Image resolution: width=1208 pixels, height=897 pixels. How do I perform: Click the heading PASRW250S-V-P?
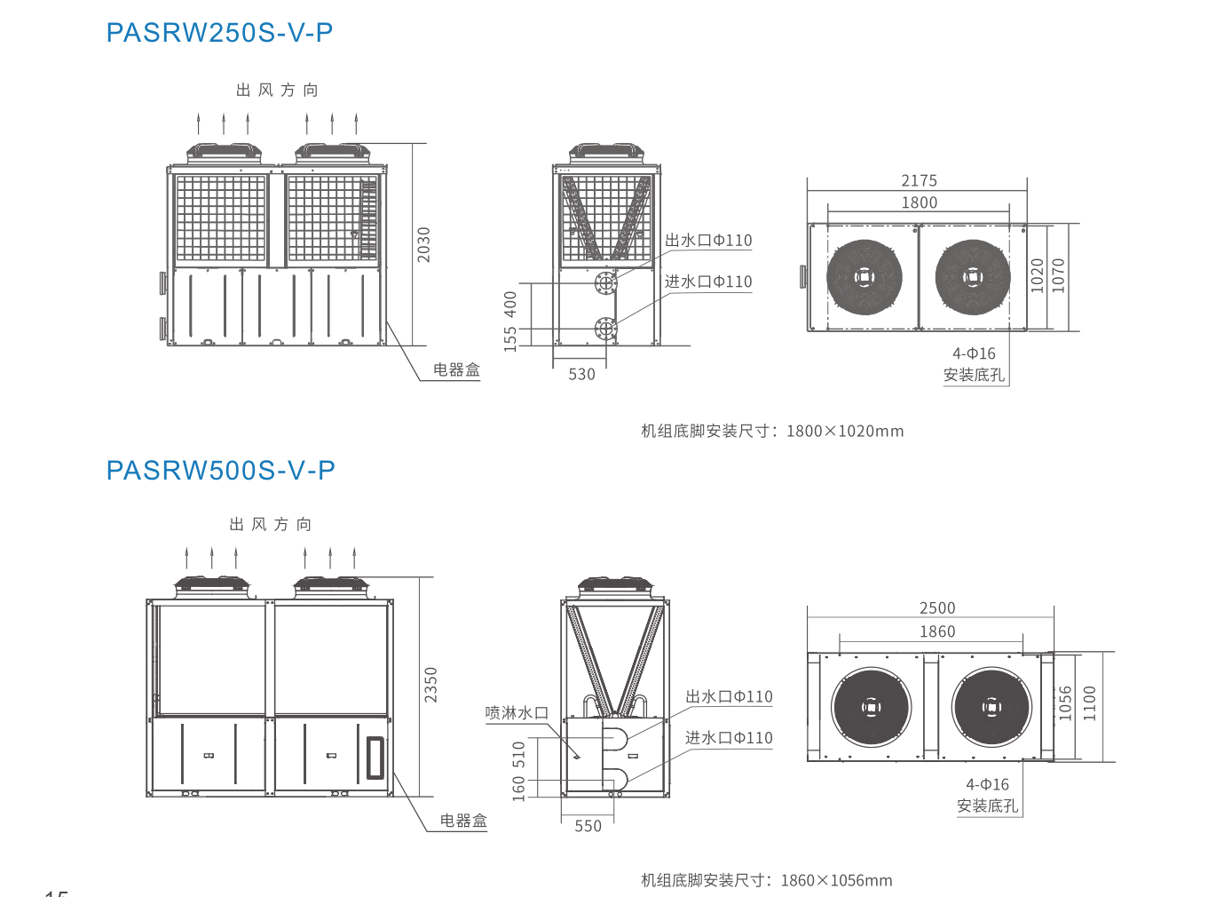point(219,33)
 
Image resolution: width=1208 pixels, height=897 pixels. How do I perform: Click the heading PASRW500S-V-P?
point(220,470)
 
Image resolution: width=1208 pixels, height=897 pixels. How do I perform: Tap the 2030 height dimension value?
point(424,244)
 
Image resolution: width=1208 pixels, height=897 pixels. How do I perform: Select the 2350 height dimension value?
point(430,685)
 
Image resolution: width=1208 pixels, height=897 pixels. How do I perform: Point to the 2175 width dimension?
point(919,180)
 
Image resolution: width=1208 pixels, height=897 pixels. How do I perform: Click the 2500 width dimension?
point(937,607)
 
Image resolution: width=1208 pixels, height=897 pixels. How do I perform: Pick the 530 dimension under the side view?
point(581,374)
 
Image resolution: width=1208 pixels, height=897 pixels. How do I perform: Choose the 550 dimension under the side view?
point(588,826)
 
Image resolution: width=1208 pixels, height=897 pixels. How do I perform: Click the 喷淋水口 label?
point(517,712)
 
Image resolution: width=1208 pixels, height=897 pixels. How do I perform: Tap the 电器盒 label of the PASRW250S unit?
point(456,369)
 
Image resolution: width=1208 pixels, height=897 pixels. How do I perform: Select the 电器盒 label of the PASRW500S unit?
point(463,821)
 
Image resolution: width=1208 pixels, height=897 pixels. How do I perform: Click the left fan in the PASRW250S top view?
point(864,277)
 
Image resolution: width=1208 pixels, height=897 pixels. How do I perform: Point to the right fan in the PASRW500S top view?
point(991,707)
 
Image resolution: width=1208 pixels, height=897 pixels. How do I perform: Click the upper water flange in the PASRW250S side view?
point(605,283)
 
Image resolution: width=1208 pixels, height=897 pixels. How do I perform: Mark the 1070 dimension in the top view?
point(1058,275)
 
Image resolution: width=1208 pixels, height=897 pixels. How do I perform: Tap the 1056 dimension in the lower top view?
point(1065,703)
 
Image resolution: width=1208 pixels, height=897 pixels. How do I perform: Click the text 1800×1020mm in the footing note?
point(844,431)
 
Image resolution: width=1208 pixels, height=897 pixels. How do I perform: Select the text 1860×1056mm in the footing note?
point(836,880)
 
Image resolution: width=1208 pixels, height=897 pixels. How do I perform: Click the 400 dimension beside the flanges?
point(510,305)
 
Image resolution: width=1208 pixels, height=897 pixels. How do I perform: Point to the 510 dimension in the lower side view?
point(519,755)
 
